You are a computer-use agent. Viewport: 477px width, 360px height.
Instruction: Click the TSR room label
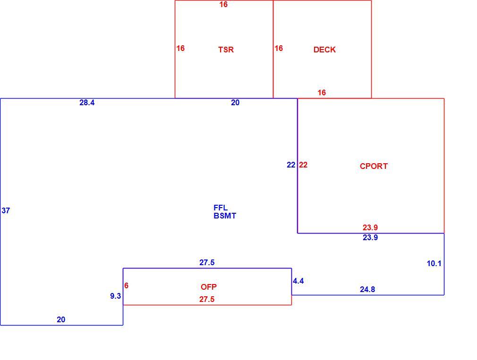coord(226,50)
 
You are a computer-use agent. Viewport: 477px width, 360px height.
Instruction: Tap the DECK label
coord(324,50)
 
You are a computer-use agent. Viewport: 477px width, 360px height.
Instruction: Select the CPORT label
coord(374,166)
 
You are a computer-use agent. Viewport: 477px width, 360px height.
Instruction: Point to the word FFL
coord(221,208)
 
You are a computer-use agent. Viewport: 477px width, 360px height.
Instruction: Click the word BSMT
coord(225,216)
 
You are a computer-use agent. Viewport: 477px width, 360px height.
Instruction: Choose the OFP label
coord(209,287)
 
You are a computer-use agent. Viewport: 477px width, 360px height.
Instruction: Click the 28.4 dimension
coord(87,103)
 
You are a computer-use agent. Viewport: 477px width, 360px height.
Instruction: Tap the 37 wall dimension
coord(6,210)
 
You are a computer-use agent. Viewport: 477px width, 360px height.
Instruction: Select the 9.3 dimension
coord(116,296)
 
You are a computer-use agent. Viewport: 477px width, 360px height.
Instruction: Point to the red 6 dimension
coord(126,285)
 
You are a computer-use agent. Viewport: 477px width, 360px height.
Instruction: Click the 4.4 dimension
coord(298,281)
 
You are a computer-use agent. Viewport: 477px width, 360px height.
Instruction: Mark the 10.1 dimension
coord(434,263)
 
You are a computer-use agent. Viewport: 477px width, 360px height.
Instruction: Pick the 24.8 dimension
coord(367,290)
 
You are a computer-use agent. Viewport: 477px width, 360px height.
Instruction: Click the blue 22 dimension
coord(291,165)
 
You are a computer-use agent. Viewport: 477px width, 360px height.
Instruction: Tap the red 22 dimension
coord(303,165)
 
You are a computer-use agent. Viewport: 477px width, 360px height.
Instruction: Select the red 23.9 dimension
coord(370,227)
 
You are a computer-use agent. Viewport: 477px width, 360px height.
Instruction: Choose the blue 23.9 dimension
coord(370,237)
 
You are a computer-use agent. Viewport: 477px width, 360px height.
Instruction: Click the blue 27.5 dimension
coord(207,262)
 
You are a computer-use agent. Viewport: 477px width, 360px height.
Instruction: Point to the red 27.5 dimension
coord(207,299)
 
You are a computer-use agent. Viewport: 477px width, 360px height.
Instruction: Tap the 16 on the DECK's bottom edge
coord(322,92)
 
